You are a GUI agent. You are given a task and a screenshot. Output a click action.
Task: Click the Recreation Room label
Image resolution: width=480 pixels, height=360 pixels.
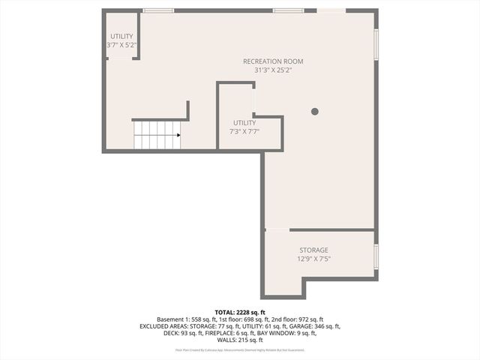tap(273, 61)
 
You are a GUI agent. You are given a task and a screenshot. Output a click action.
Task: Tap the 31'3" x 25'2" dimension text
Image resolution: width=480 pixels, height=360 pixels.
tap(273, 70)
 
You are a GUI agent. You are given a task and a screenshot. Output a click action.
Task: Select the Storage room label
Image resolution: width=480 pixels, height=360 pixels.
tap(313, 250)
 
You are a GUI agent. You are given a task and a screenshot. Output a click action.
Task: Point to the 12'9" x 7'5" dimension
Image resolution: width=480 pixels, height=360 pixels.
tap(313, 259)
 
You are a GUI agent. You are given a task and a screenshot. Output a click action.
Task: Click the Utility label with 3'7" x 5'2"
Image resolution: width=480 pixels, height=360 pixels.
tap(121, 36)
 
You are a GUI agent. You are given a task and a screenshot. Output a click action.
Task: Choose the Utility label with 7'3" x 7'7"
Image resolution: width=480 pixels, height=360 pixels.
tap(244, 122)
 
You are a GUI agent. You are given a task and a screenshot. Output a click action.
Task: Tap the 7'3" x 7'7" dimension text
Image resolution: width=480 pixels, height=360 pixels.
tap(244, 131)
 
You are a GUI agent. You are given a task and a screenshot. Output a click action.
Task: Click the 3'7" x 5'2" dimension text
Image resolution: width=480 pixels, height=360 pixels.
tap(121, 46)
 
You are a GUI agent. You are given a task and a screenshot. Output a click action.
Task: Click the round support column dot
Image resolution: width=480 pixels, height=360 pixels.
tap(315, 111)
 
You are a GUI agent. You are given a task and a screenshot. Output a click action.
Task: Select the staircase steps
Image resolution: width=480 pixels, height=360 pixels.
tap(154, 136)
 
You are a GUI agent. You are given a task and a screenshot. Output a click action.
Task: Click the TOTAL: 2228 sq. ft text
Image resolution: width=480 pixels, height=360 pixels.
tap(240, 312)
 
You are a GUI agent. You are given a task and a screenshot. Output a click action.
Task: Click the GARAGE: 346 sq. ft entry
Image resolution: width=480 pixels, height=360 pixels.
tap(316, 326)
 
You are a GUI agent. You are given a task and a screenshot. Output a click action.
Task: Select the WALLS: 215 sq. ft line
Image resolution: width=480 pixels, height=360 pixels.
tap(240, 340)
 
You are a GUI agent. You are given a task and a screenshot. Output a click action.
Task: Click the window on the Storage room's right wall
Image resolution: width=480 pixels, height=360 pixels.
tap(376, 255)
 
